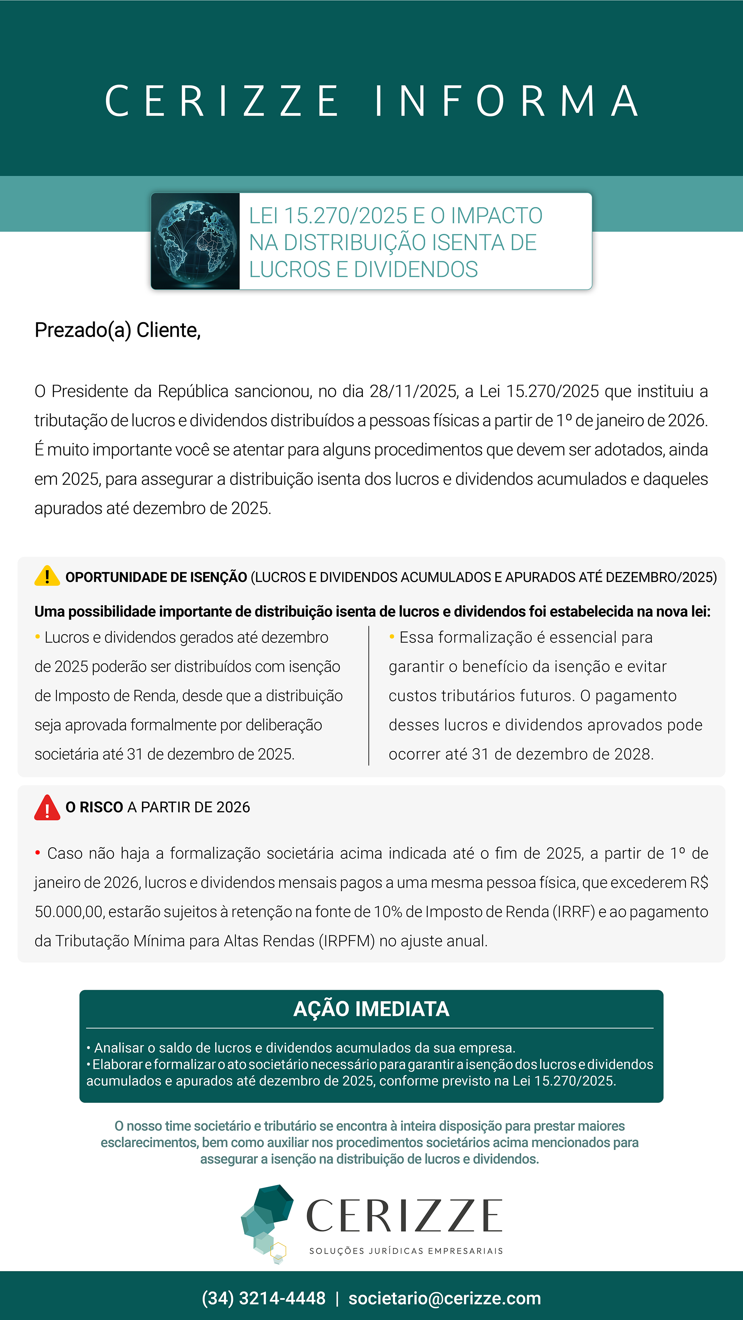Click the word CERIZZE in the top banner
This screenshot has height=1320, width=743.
coord(222,101)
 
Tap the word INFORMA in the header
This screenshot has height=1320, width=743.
coord(506,101)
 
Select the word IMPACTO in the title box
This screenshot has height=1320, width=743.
coord(496,216)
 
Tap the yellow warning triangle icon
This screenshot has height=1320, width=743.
coord(47,576)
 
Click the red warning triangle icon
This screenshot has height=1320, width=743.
coord(47,808)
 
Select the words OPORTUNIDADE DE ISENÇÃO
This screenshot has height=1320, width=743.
coord(156,578)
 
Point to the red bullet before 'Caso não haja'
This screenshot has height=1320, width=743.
coord(37,853)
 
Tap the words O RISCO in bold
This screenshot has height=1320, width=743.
coord(94,808)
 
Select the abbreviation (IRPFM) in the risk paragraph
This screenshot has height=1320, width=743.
coord(346,941)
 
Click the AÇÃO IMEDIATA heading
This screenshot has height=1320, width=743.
coord(371,1009)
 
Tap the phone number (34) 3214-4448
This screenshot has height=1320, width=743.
coord(263,1298)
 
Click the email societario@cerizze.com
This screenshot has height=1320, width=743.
coord(444,1298)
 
